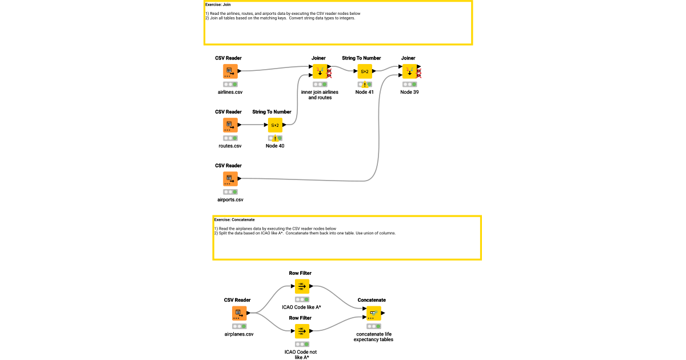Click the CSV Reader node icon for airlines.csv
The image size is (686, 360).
click(230, 71)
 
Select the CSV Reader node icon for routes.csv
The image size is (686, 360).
click(230, 125)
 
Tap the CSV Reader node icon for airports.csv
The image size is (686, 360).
click(230, 179)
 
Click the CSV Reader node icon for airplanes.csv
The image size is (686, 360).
click(239, 313)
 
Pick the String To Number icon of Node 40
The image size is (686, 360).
click(275, 125)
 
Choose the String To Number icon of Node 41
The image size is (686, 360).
click(364, 71)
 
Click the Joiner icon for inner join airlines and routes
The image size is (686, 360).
click(320, 71)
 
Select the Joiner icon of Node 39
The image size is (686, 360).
click(409, 71)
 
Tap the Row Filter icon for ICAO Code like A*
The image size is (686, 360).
click(302, 286)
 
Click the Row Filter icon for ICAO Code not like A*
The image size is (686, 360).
click(302, 331)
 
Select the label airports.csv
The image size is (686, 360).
click(230, 199)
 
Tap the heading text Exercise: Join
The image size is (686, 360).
click(218, 5)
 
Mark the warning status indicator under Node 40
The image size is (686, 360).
click(275, 138)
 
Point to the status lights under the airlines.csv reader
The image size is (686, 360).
click(230, 84)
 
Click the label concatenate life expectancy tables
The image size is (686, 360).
click(374, 337)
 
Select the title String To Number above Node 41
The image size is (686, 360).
click(361, 58)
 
